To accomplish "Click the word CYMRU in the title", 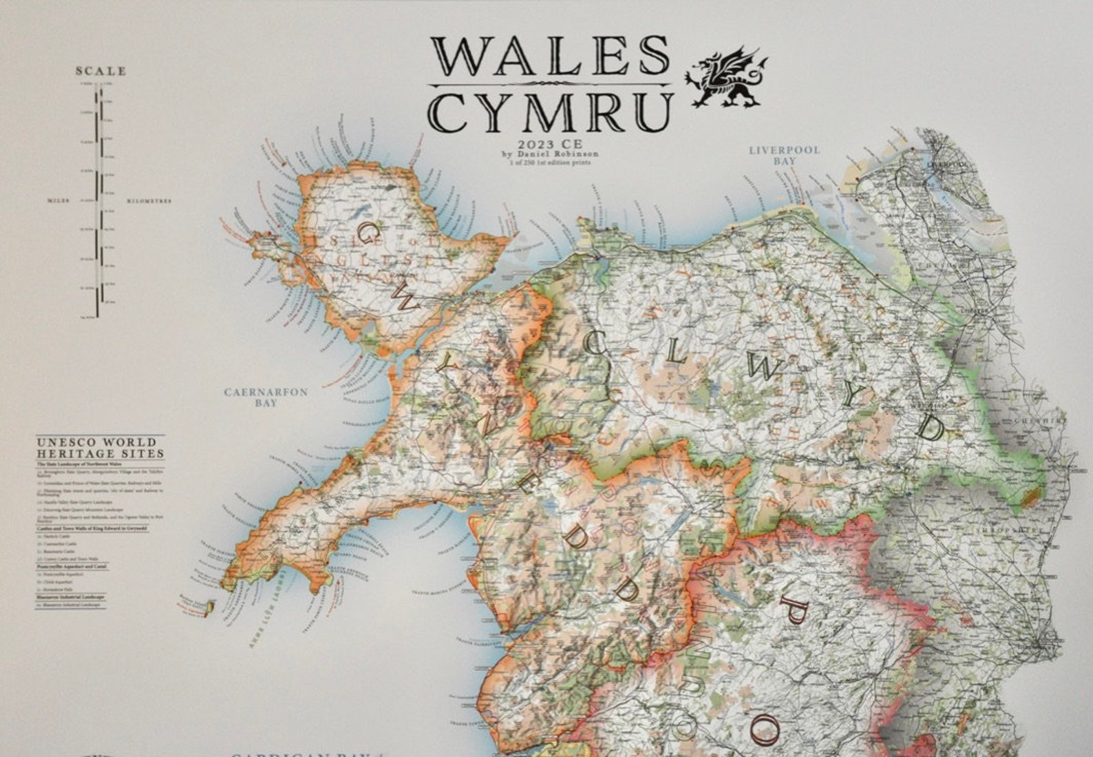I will pos(551,112).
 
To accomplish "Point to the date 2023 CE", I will pos(551,144).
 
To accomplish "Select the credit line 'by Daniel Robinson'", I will pos(551,154).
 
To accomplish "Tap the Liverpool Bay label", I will pos(784,155).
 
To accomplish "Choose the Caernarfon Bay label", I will pos(266,397).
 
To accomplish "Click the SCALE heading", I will pos(101,71).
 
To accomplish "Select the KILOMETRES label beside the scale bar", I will pos(149,201).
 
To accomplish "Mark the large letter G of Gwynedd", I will pos(369,236).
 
